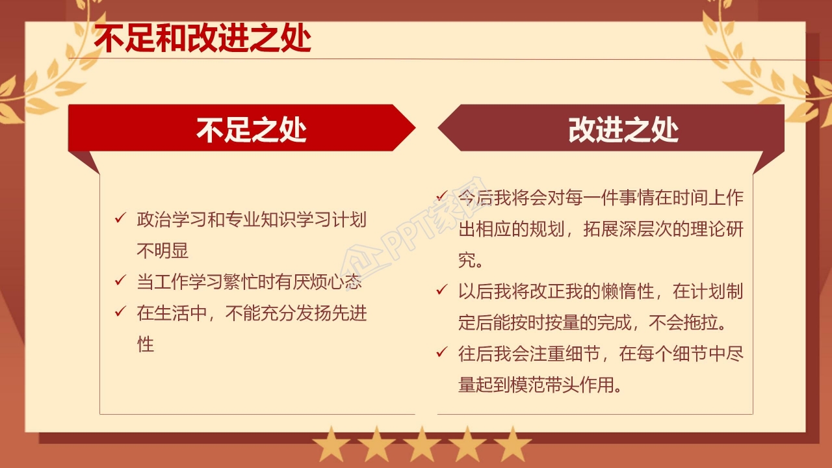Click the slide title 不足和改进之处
(202, 38)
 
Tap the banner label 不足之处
(252, 129)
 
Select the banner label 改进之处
(623, 129)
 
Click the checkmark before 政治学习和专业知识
(120, 218)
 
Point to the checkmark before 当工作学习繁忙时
(120, 281)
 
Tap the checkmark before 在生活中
(120, 312)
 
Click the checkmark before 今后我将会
(441, 196)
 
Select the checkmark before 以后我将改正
(441, 290)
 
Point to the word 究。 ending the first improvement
(470, 260)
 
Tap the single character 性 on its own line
(145, 344)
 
